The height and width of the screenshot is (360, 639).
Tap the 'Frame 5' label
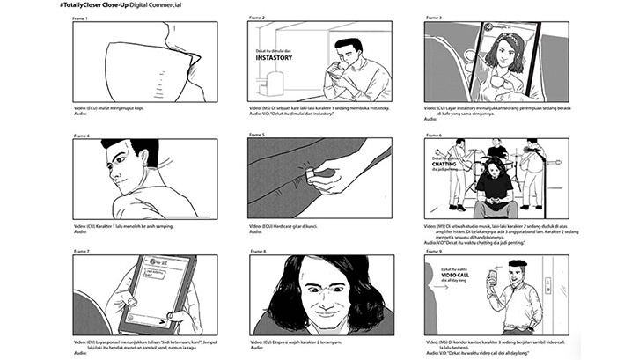click(x=257, y=135)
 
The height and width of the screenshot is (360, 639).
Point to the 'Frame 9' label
click(x=432, y=251)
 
